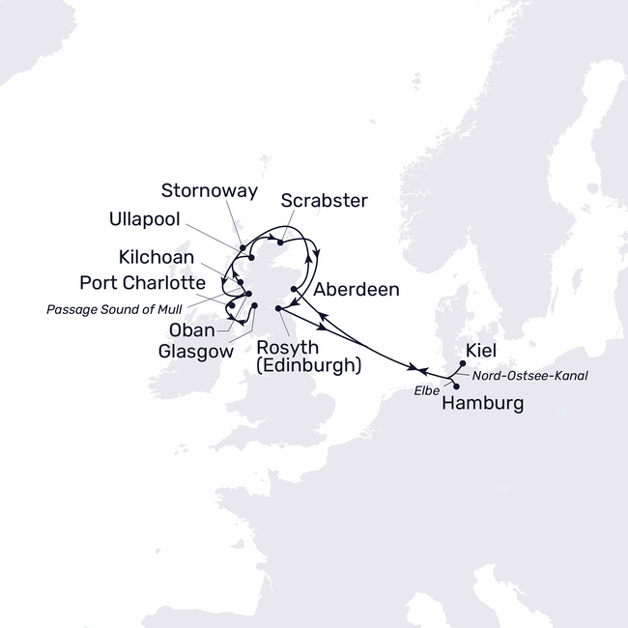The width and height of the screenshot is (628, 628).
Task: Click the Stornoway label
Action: (210, 191)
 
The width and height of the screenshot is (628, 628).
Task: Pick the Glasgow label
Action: (197, 353)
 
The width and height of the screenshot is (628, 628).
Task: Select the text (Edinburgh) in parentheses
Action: (309, 366)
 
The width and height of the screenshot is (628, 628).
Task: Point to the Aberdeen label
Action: (356, 289)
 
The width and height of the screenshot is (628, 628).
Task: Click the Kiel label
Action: (481, 351)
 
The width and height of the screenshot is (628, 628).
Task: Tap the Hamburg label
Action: (482, 404)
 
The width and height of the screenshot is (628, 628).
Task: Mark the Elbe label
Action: (426, 390)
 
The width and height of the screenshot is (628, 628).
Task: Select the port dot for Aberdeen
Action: (293, 288)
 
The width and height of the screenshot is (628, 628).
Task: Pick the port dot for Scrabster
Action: (279, 242)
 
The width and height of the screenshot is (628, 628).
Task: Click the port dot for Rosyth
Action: (279, 308)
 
